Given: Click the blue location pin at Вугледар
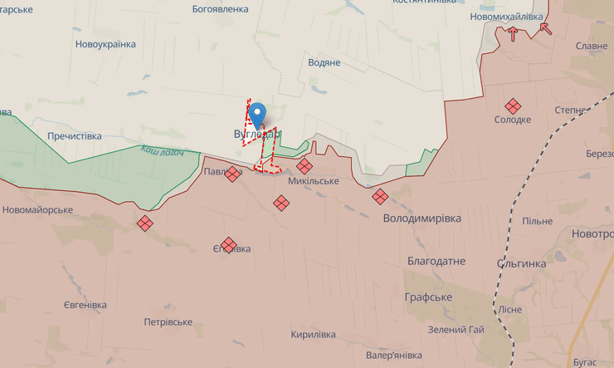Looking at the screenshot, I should (x=258, y=114).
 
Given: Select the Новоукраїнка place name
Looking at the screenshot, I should (x=105, y=44).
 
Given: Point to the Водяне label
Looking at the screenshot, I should (x=324, y=62).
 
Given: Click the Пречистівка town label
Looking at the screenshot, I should (x=75, y=135).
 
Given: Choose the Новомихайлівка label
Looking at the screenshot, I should (x=505, y=16).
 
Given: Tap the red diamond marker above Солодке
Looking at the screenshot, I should (x=513, y=105).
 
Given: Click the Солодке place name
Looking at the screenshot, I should (x=513, y=120).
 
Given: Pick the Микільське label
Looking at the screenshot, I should (x=314, y=181).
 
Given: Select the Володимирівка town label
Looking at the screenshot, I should (x=422, y=218).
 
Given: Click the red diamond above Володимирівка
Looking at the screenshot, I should (x=380, y=197).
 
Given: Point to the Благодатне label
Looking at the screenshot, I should (x=436, y=261).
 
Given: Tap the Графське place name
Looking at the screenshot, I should (x=428, y=297).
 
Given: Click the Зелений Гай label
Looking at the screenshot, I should (x=456, y=330).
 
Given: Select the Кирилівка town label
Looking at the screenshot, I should (x=313, y=335).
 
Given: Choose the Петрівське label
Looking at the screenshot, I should (x=168, y=322).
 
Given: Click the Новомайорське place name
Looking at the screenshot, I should (x=37, y=210).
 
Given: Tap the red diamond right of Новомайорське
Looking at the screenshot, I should (x=145, y=223).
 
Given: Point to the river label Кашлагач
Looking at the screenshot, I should (x=162, y=151).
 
